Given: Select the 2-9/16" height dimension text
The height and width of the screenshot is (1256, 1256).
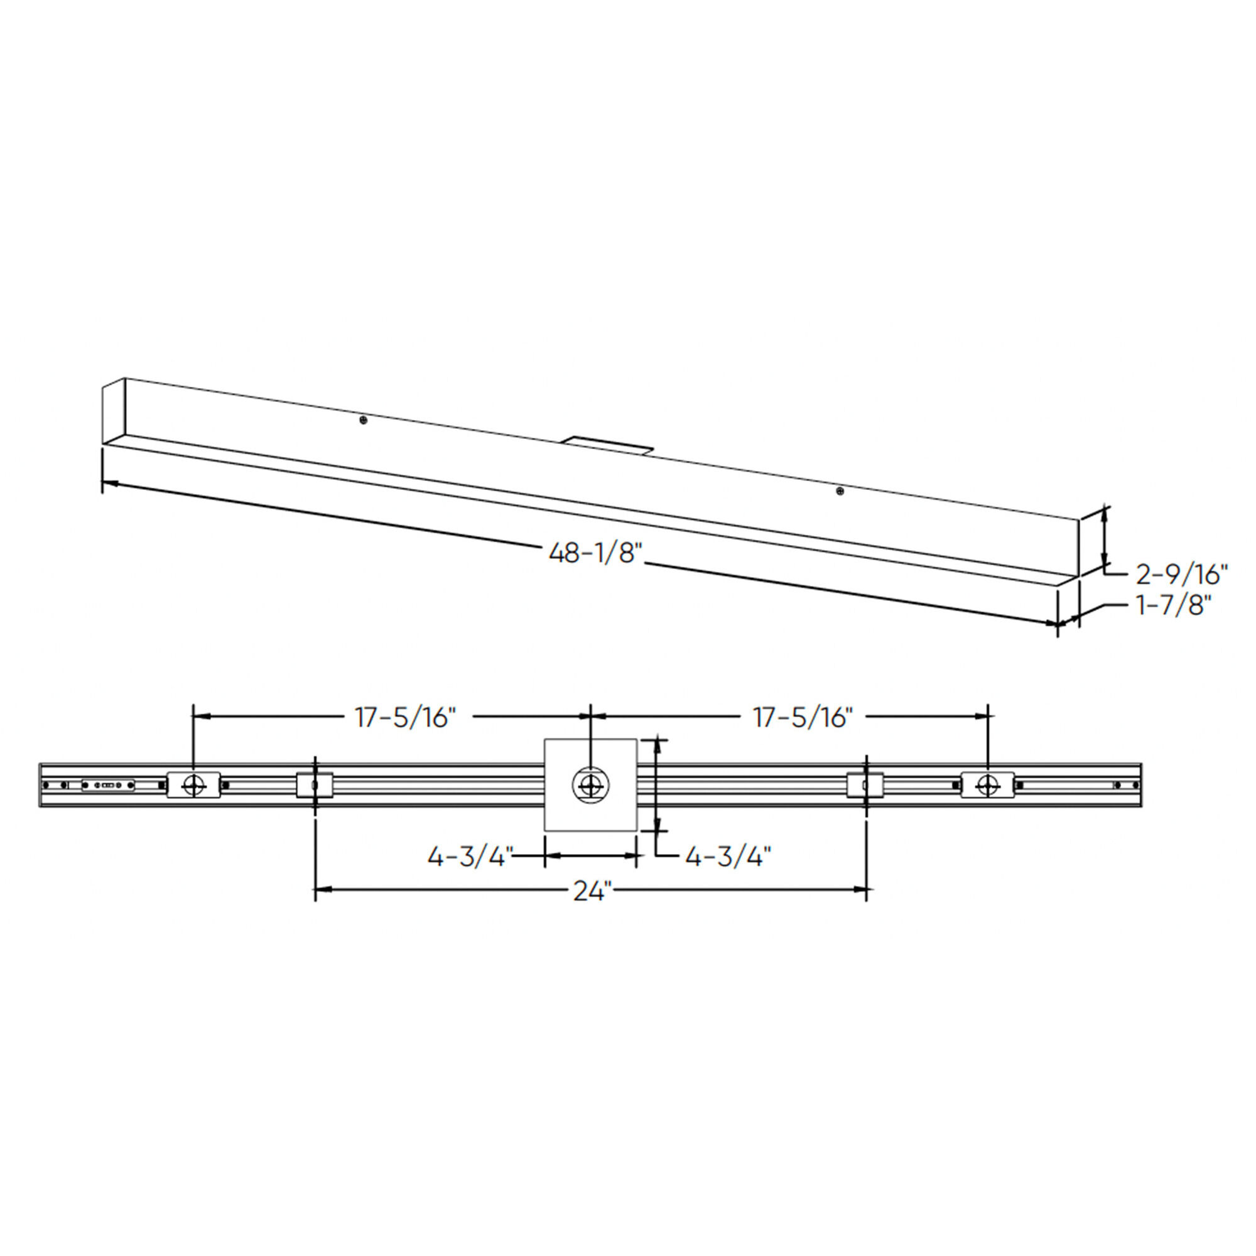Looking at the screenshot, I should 1181,575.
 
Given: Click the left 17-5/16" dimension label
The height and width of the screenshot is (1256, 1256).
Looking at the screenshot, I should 405,718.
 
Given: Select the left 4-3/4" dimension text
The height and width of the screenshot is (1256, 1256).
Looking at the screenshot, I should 470,857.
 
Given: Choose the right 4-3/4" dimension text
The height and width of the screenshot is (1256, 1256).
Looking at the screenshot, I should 728,857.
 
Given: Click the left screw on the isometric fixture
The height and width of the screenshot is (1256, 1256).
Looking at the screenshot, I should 364,421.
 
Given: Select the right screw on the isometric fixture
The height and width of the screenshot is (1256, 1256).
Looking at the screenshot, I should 839,491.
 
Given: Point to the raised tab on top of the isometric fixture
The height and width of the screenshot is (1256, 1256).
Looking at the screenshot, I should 607,445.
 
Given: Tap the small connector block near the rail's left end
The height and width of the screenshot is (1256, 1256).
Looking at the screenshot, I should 108,786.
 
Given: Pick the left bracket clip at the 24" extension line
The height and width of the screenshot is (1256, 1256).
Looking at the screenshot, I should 315,784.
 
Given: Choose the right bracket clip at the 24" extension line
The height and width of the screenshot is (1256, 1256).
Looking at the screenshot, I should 865,784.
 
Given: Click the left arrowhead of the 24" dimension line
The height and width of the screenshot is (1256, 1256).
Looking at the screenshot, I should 321,889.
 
